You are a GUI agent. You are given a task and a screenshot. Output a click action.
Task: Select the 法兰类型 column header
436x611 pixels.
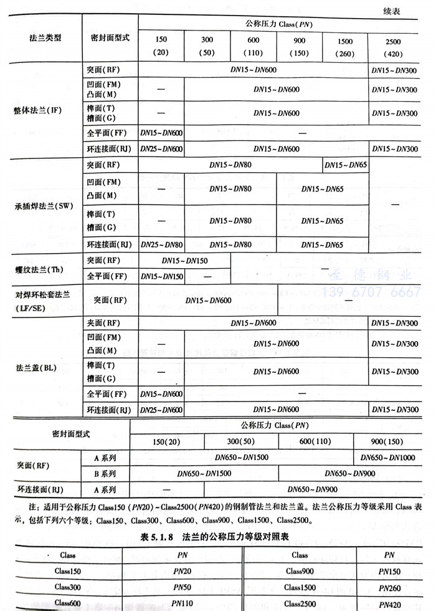[45, 37]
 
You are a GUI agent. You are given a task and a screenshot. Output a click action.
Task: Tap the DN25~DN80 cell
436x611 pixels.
[161, 244]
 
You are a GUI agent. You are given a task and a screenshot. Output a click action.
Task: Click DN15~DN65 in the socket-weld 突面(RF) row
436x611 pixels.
[346, 165]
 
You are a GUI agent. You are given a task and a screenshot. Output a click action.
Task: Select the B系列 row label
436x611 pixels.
[103, 473]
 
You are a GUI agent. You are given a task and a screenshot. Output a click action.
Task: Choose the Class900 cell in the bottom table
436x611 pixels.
[300, 570]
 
